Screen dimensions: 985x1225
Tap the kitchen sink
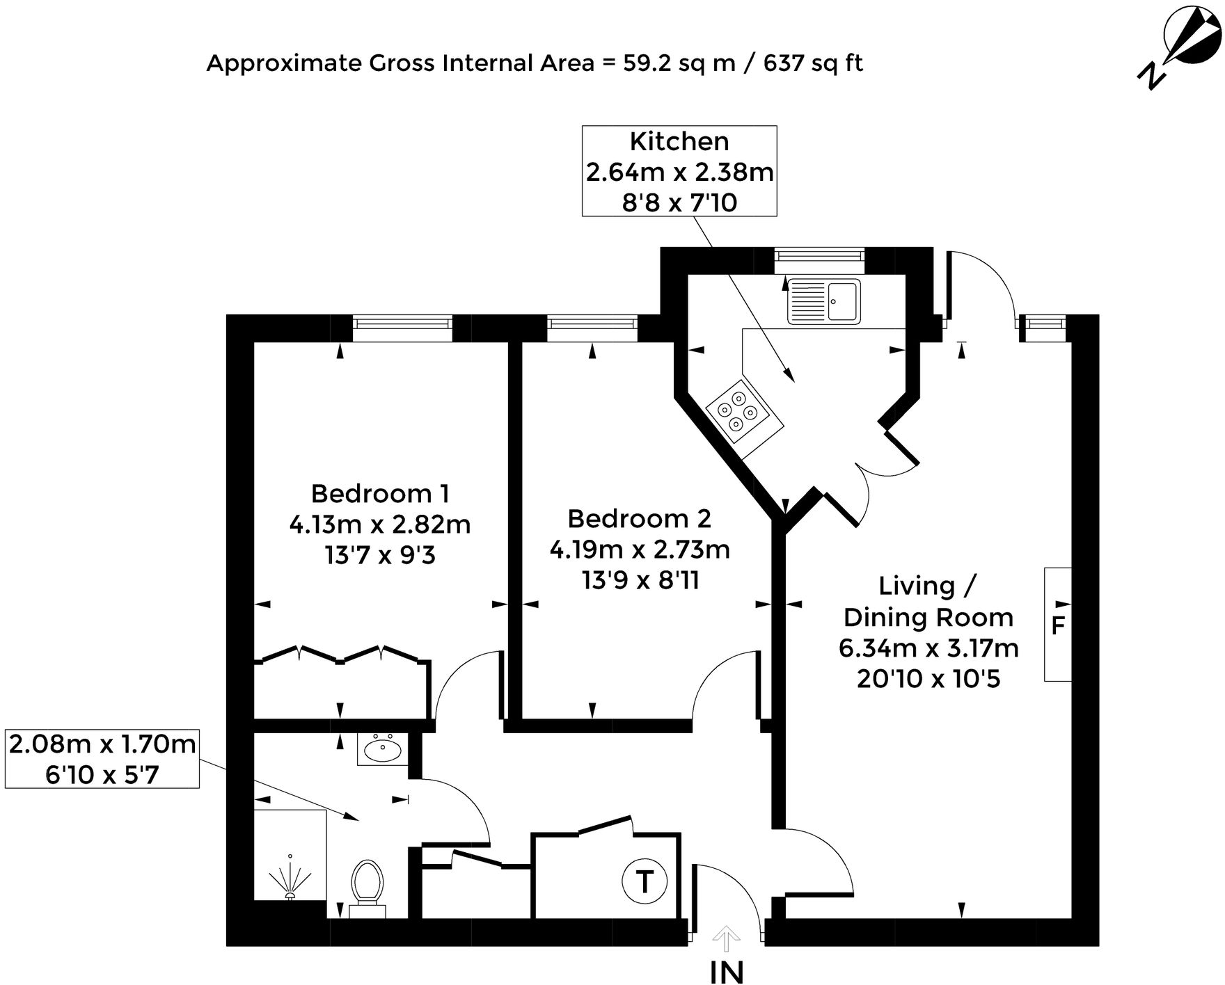click(x=823, y=301)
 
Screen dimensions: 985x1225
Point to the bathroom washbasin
click(x=382, y=750)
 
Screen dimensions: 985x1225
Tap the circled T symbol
click(x=644, y=882)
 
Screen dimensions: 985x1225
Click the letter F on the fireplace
click(x=1057, y=625)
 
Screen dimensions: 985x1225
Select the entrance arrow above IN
click(x=727, y=940)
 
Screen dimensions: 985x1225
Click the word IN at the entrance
click(x=727, y=972)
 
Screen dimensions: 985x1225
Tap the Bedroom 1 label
click(x=379, y=494)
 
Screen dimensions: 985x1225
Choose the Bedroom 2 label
click(x=639, y=519)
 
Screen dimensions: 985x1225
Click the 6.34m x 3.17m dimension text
click(x=928, y=648)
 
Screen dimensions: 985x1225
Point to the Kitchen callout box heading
click(x=679, y=142)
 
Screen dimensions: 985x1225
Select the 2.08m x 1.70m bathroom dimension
click(x=102, y=744)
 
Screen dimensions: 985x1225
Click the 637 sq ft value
click(x=813, y=63)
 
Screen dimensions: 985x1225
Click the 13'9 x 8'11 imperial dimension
click(x=640, y=580)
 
